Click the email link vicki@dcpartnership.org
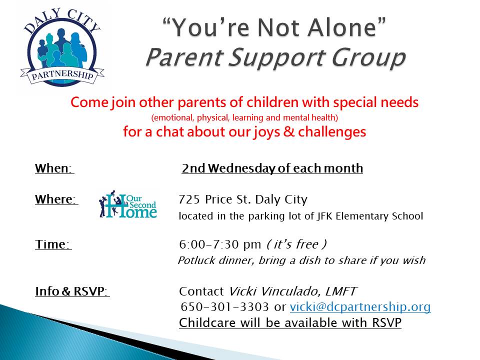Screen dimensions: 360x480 [x=360, y=307]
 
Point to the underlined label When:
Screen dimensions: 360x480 [x=54, y=168]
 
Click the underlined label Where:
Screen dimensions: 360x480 [x=56, y=200]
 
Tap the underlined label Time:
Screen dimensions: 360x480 [x=53, y=244]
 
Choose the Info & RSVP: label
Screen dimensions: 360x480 [x=72, y=291]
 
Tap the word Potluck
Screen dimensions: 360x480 [x=194, y=260]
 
